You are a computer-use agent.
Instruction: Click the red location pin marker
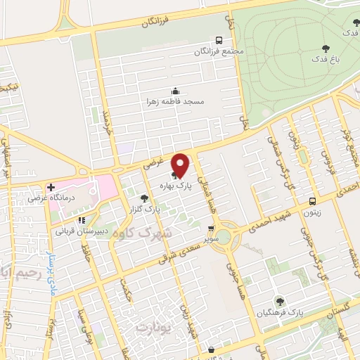click(181, 165)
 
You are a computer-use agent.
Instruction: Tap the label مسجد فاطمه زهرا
click(175, 102)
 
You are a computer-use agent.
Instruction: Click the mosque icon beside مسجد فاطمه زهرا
click(175, 90)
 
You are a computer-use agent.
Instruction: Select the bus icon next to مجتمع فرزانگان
click(219, 40)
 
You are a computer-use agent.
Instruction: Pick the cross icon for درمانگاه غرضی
click(51, 187)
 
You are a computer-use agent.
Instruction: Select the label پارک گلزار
click(144, 210)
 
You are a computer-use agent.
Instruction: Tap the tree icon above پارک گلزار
click(144, 199)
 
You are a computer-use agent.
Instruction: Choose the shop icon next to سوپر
click(211, 229)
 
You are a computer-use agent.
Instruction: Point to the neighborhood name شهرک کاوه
click(157, 234)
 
